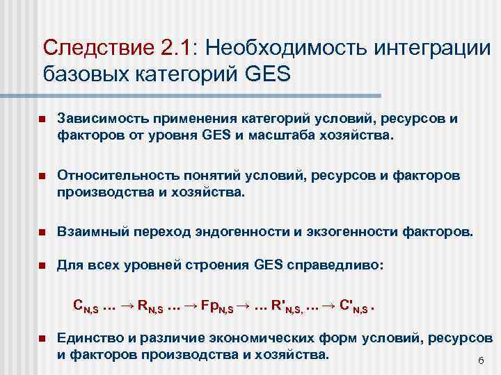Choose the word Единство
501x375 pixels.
point(88,337)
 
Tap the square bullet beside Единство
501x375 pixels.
point(42,338)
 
